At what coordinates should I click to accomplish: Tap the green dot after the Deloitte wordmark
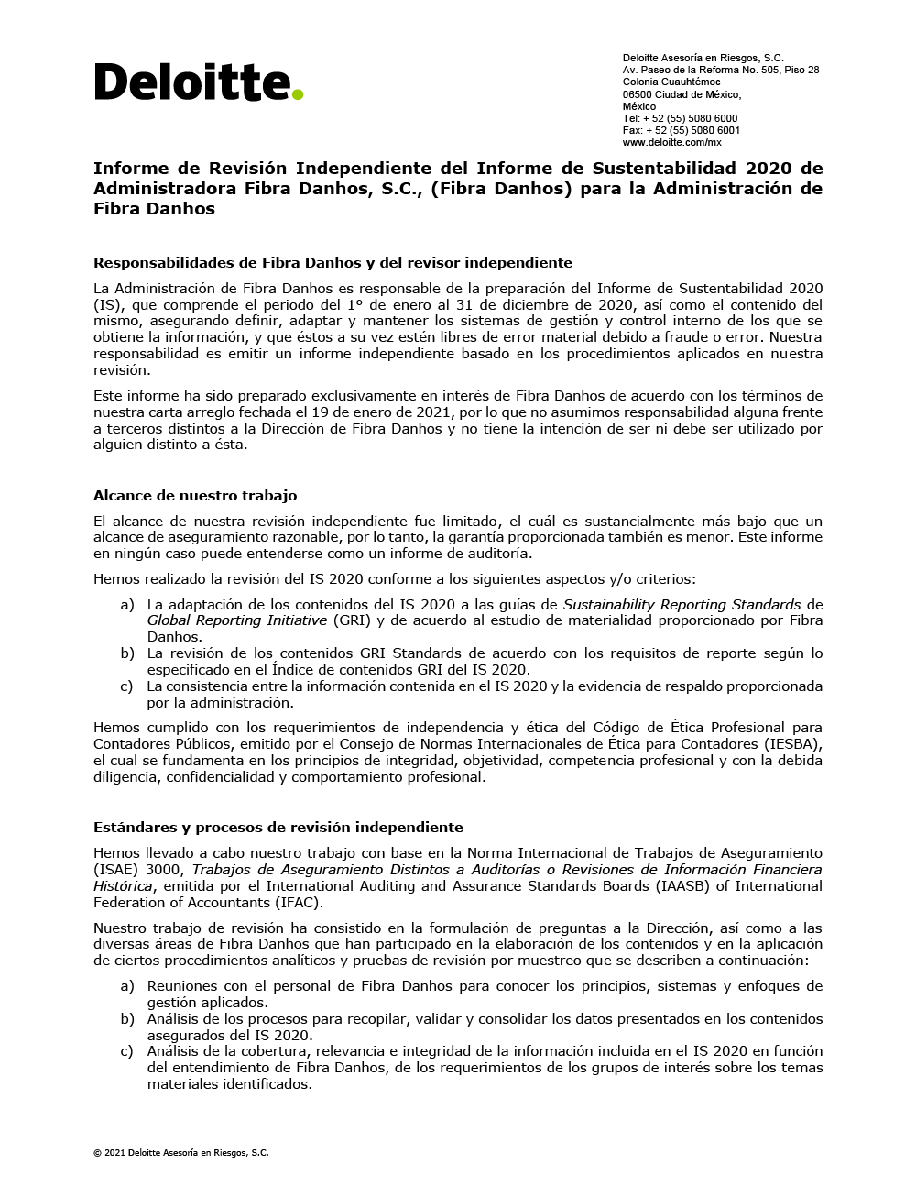[x=298, y=93]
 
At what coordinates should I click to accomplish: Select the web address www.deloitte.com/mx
[x=671, y=142]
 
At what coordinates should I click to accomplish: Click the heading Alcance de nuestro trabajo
[x=195, y=495]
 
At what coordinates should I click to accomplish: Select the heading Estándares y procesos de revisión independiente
[x=278, y=827]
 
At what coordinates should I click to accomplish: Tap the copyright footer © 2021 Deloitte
[x=180, y=1153]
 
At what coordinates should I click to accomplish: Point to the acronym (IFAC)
[x=299, y=903]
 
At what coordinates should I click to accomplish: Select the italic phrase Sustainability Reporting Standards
[x=682, y=605]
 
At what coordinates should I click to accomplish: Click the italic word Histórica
[x=123, y=886]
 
